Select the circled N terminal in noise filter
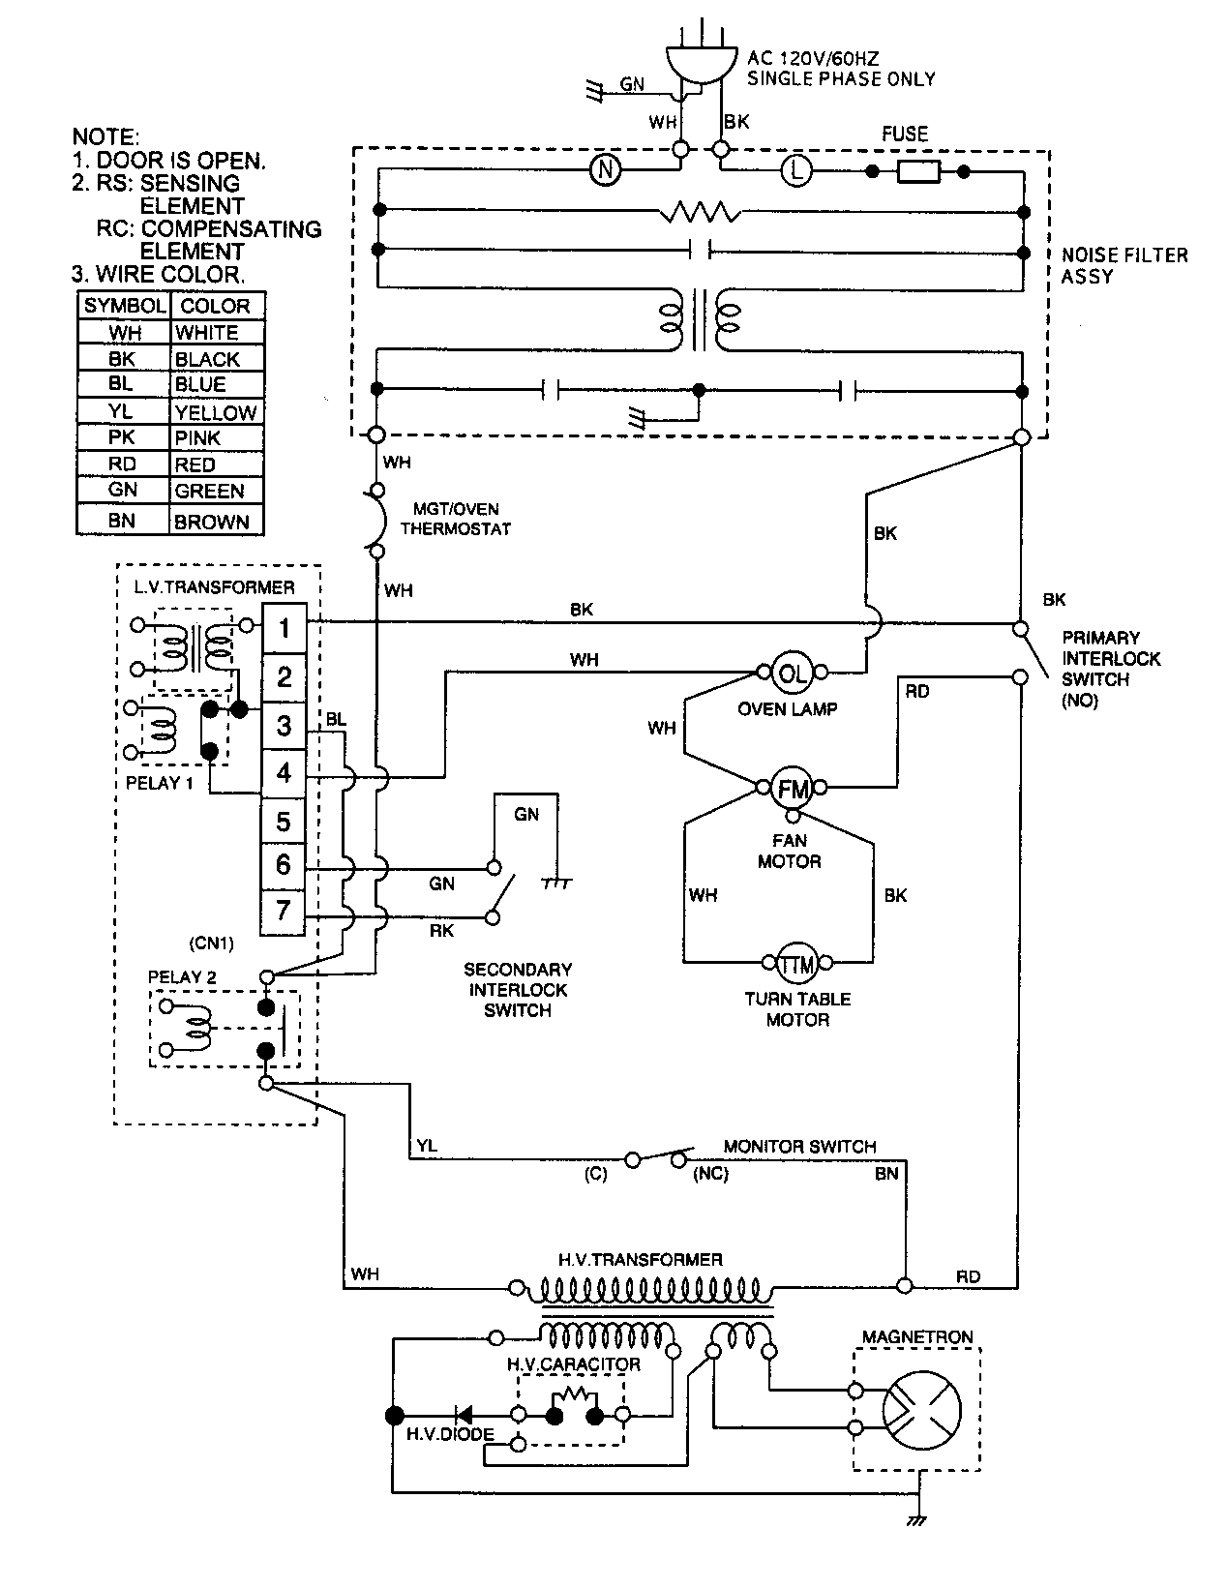tap(605, 170)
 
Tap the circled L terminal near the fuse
tap(795, 171)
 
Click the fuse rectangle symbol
tap(917, 171)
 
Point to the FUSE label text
tap(905, 135)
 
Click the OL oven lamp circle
tap(791, 672)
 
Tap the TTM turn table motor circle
tap(797, 962)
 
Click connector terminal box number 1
tap(284, 628)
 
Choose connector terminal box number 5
tap(284, 822)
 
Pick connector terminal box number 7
tap(284, 910)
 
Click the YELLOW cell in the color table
tap(216, 412)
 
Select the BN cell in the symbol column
tap(123, 521)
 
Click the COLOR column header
tap(216, 306)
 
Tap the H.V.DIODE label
tap(450, 1433)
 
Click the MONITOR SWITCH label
tap(799, 1146)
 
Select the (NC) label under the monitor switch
tap(710, 1173)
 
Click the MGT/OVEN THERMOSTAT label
tap(455, 519)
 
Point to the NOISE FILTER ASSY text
tap(1124, 265)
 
